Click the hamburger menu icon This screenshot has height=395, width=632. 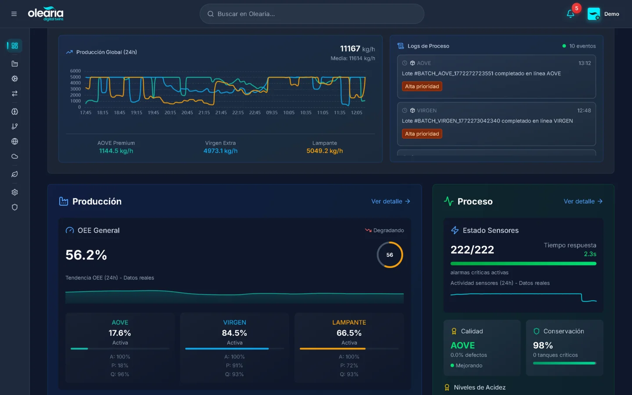[14, 14]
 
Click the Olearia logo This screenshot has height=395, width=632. [46, 14]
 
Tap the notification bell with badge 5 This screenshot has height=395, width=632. [571, 14]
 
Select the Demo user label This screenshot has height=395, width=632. [611, 14]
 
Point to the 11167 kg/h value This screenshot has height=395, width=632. [357, 49]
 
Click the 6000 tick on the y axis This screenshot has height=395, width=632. [75, 71]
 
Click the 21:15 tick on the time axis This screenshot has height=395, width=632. [204, 113]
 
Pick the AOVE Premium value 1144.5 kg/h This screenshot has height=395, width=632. [116, 151]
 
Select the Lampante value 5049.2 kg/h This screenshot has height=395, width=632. [324, 151]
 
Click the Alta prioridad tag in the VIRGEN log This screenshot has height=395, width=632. [422, 134]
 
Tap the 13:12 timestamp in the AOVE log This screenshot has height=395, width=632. [584, 63]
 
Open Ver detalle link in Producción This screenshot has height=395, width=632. [390, 201]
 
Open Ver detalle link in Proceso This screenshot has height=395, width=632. [583, 201]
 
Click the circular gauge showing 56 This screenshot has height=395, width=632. [390, 255]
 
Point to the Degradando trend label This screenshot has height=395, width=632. [388, 230]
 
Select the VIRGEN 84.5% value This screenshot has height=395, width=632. [234, 333]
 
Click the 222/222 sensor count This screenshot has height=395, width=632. [472, 250]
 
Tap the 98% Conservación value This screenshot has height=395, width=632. [543, 345]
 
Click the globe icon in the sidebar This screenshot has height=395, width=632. [14, 141]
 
